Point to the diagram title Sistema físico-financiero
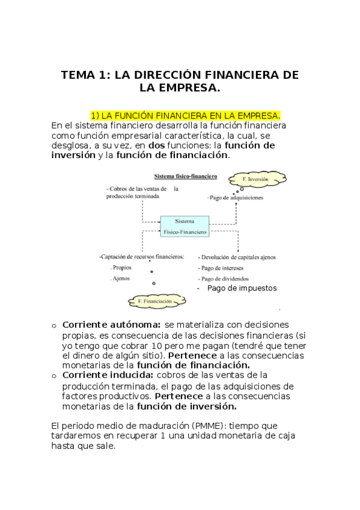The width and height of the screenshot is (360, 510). pos(186,177)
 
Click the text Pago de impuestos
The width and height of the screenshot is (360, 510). pos(242,288)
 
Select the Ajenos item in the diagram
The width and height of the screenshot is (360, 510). pos(120,278)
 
